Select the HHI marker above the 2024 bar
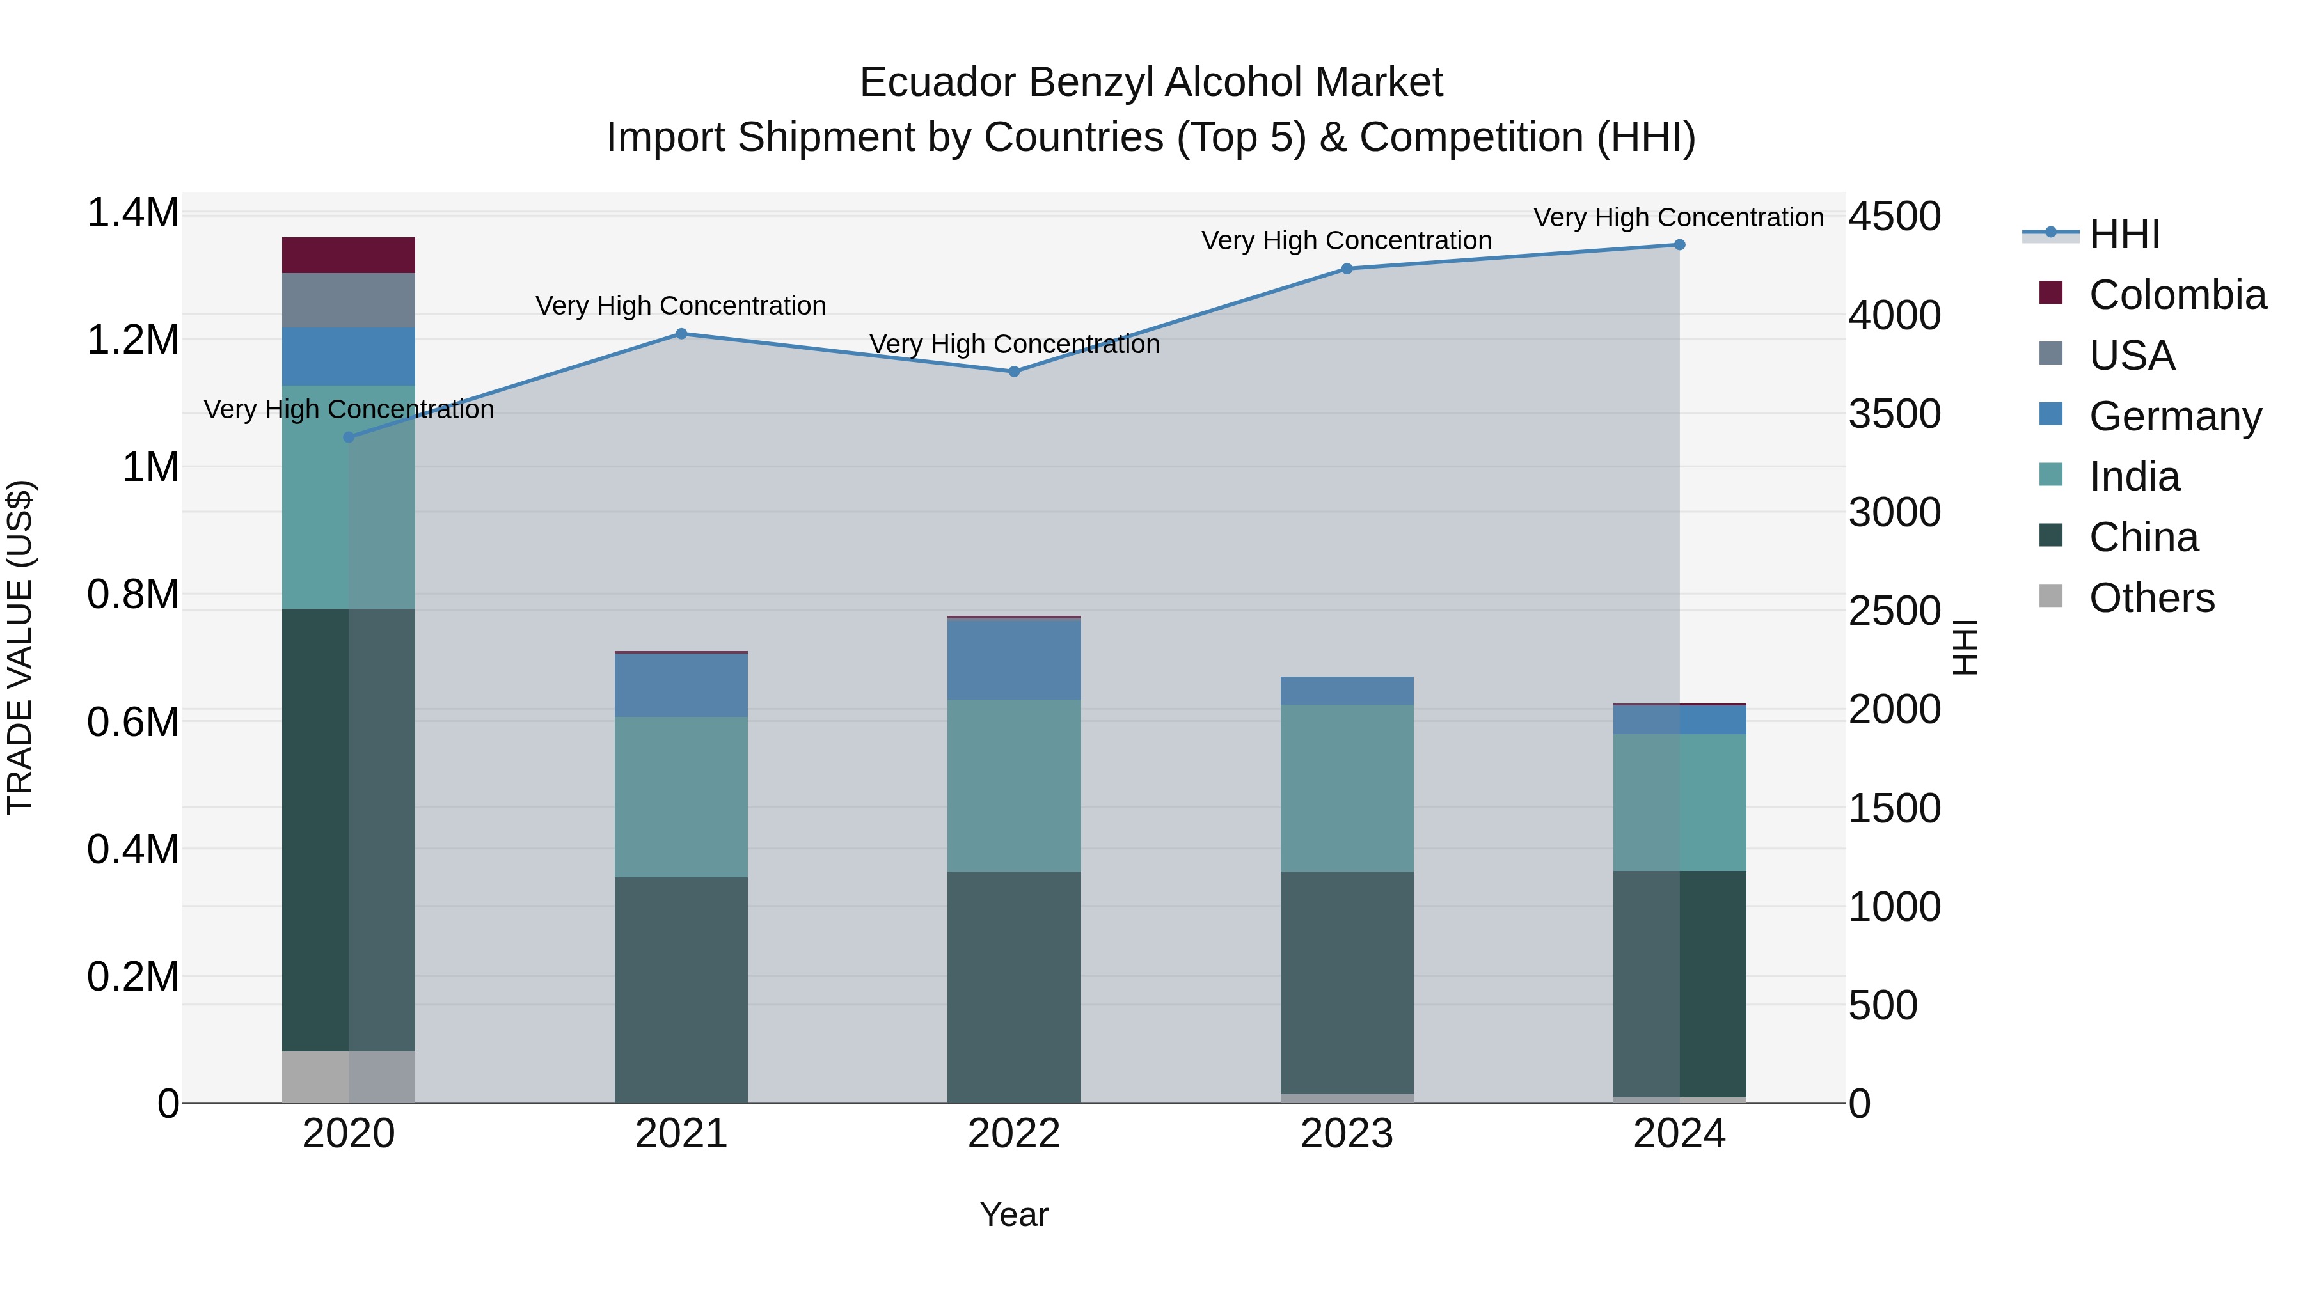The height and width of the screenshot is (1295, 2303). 1679,245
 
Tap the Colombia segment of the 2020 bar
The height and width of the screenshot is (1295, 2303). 349,256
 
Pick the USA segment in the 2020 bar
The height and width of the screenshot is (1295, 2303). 349,301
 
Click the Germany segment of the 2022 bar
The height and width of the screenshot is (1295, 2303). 1014,659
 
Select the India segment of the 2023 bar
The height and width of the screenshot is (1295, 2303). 1347,789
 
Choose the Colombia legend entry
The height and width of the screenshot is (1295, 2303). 2178,295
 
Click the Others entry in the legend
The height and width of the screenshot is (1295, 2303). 2151,598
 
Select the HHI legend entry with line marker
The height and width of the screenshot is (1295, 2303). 2124,234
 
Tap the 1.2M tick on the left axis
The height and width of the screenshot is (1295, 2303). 132,340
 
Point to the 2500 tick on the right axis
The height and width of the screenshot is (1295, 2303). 1894,611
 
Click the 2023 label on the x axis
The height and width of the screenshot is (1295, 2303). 1347,1134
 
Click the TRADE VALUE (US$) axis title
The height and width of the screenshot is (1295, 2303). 20,647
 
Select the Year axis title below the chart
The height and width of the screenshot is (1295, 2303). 1014,1214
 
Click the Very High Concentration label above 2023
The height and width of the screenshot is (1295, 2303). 1347,240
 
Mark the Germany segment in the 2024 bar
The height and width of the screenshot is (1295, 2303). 1679,719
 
